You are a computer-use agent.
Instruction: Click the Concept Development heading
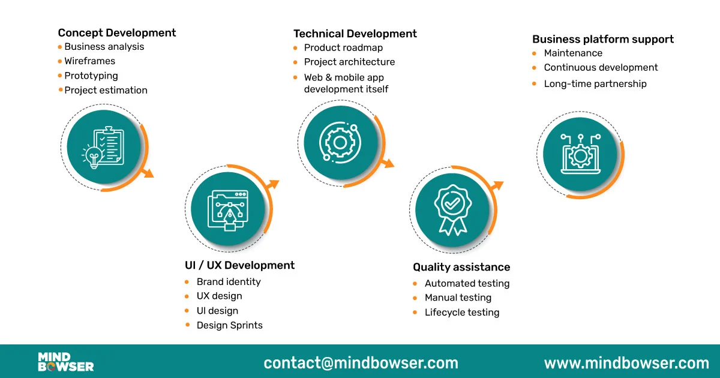click(117, 33)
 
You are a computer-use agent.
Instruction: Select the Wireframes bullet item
click(89, 61)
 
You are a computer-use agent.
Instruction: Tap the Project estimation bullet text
click(106, 91)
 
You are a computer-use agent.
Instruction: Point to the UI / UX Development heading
click(239, 265)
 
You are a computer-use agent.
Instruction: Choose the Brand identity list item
click(228, 282)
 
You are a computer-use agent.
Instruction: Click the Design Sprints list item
click(229, 325)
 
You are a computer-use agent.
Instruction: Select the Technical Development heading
click(355, 34)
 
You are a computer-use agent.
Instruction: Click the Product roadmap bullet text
click(343, 48)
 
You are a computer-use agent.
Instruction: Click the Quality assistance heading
click(461, 267)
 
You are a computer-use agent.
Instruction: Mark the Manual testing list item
click(458, 298)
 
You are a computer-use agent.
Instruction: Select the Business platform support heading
click(602, 40)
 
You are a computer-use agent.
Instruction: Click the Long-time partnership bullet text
click(595, 84)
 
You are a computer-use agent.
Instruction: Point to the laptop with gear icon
click(580, 154)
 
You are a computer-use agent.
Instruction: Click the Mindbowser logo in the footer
click(66, 362)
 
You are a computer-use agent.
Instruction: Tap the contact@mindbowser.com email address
click(361, 363)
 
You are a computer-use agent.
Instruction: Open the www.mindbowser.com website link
click(626, 363)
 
